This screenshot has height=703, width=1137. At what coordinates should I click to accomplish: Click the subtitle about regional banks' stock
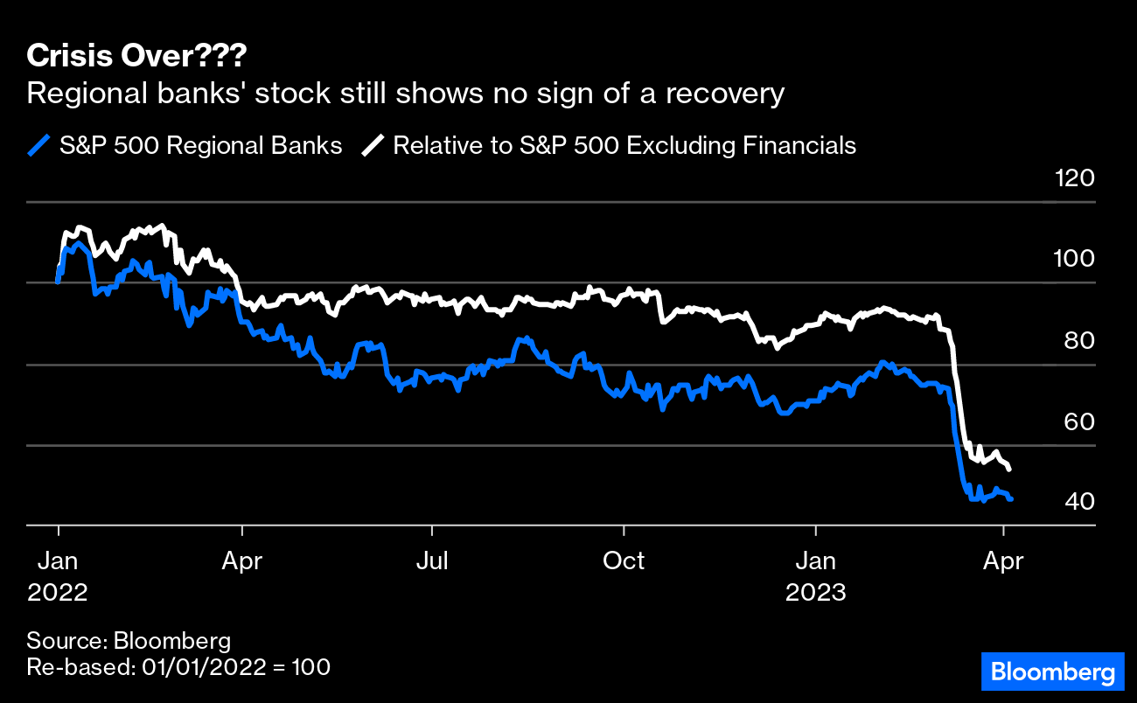406,94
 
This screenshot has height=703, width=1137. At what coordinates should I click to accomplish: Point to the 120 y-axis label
1074,179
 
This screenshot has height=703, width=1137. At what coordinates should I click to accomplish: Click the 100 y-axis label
1074,260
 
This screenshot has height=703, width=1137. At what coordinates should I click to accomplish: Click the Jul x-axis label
432,560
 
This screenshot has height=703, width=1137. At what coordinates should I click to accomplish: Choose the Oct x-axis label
624,560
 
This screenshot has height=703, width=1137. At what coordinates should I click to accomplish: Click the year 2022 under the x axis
58,593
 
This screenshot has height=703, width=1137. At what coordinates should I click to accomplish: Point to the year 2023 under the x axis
815,593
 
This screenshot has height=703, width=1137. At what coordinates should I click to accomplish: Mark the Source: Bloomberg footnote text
129,640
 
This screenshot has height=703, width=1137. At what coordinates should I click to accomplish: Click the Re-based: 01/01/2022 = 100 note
178,667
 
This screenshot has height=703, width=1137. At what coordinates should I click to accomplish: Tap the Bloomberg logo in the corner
1052,672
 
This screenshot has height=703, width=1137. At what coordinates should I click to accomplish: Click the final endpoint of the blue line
1011,499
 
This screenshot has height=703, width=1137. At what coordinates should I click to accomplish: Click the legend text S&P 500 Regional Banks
200,145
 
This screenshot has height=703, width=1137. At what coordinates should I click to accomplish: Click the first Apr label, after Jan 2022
242,560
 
